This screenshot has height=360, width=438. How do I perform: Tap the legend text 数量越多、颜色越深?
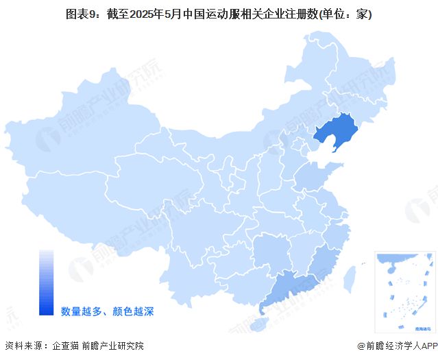pyautogui.click(x=106, y=311)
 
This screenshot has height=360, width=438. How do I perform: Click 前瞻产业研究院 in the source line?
pyautogui.click(x=113, y=346)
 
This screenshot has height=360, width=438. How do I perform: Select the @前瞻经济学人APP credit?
pyautogui.click(x=396, y=346)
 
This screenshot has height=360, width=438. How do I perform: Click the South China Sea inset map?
pyautogui.click(x=404, y=291)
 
